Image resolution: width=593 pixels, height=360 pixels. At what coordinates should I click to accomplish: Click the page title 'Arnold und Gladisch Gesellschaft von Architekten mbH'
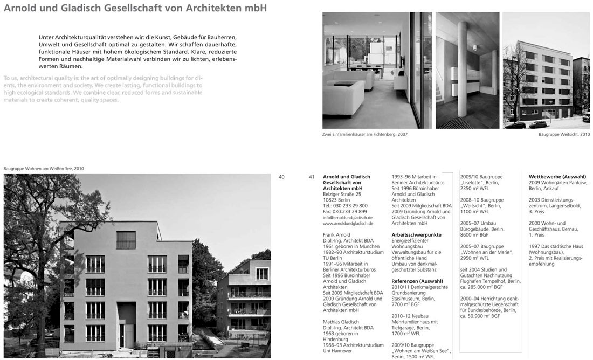(x=135, y=9)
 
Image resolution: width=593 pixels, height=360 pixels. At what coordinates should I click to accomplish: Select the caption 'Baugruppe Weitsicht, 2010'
(x=564, y=134)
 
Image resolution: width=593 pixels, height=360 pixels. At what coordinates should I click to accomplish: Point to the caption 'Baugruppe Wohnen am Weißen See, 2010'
(x=44, y=169)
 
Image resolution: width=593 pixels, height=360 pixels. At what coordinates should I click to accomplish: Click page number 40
(x=282, y=177)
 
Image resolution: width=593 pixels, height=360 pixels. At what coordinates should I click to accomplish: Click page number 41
(x=312, y=177)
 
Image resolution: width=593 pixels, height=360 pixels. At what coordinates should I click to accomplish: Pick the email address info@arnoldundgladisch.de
(x=348, y=217)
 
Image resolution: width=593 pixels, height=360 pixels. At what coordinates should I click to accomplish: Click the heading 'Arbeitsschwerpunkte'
(x=416, y=235)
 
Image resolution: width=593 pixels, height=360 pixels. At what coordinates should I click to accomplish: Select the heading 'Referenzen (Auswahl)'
(x=417, y=281)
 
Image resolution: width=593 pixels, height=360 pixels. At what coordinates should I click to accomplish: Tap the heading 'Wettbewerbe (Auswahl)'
(x=557, y=177)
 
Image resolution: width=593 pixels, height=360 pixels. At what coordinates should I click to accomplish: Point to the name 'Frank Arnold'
(x=336, y=235)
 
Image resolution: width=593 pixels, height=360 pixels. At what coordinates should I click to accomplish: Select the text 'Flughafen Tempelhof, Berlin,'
(x=490, y=281)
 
